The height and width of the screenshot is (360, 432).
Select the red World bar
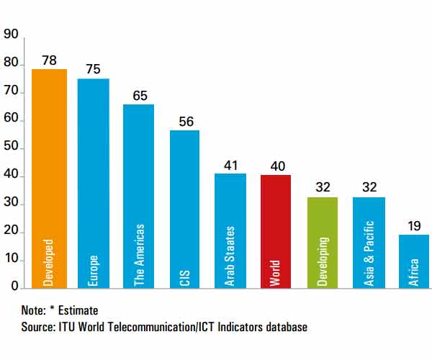point(275,216)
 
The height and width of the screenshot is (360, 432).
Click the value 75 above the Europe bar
point(93,69)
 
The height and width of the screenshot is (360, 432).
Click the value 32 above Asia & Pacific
point(368,187)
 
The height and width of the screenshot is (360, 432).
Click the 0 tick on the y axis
point(14,287)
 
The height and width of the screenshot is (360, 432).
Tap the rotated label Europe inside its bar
point(93,268)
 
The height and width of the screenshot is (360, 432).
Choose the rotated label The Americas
point(140,255)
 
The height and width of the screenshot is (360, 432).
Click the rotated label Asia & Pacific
point(369,254)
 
